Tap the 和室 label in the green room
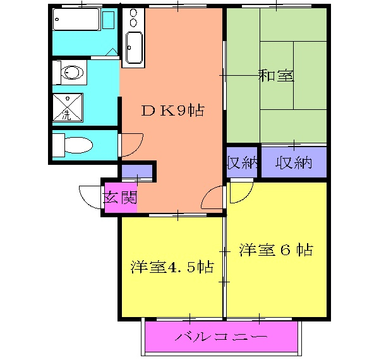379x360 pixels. pyautogui.click(x=275, y=76)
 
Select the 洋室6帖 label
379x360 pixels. pyautogui.click(x=276, y=250)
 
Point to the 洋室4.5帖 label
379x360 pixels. pyautogui.click(x=171, y=267)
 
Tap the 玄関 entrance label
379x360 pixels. pyautogui.click(x=120, y=198)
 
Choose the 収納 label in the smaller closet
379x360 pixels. pyautogui.click(x=243, y=162)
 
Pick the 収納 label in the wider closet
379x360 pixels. pyautogui.click(x=294, y=162)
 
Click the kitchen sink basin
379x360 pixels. pyautogui.click(x=134, y=47)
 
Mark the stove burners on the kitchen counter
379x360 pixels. pyautogui.click(x=133, y=18)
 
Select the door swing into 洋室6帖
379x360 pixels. pyautogui.click(x=241, y=191)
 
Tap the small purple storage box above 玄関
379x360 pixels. pyautogui.click(x=136, y=171)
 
